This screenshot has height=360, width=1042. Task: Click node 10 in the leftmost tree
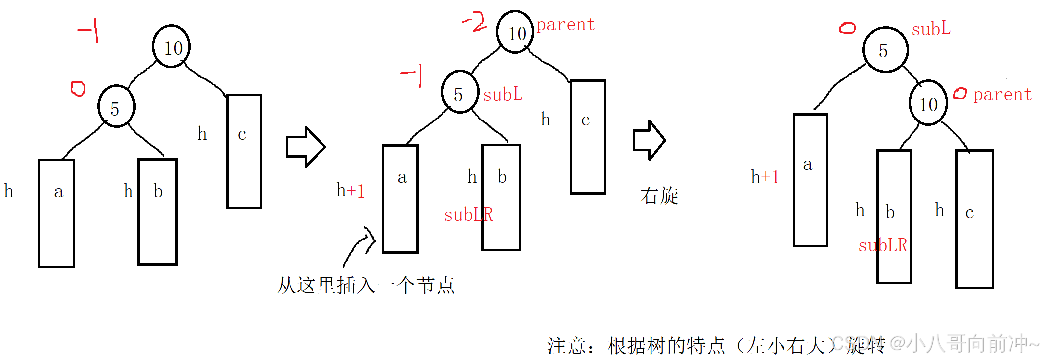171,47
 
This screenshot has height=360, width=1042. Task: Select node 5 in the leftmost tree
117,107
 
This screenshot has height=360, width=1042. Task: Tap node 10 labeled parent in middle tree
515,32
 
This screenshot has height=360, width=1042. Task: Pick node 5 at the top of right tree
885,50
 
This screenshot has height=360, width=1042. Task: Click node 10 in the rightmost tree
928,103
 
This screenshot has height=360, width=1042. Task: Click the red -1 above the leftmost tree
89,30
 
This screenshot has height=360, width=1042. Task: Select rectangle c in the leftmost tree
244,151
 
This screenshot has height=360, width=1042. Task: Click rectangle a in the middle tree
400,199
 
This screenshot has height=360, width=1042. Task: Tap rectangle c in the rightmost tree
974,219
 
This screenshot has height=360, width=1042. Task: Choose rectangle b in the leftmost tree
157,212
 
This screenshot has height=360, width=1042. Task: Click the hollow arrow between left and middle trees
305,147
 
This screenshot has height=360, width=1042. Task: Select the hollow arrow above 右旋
649,140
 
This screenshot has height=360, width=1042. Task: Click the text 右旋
659,196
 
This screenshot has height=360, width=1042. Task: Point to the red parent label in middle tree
565,24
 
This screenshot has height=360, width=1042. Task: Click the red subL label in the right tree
931,29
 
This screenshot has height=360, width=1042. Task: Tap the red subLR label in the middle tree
468,215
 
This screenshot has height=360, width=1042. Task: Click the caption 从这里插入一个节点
366,285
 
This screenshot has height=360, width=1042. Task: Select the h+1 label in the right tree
765,177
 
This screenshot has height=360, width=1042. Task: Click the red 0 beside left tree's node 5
78,89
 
